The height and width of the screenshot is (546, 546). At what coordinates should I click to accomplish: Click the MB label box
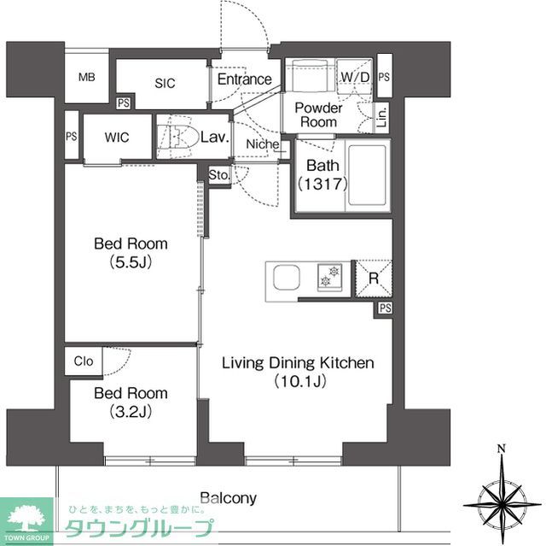[87, 77]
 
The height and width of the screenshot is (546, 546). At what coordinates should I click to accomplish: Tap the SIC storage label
[165, 83]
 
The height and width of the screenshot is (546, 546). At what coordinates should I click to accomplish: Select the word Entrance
[244, 79]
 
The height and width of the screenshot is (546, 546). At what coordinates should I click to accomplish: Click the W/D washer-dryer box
[353, 78]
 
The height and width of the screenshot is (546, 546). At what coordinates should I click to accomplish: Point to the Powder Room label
[318, 114]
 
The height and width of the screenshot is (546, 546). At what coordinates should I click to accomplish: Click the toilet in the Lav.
[180, 136]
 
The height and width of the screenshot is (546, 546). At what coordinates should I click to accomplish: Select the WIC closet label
[117, 138]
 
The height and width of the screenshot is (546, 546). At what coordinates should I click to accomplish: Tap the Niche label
[263, 144]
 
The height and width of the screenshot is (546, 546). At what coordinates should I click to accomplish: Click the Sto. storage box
[219, 174]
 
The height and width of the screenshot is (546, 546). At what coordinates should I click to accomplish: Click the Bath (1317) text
[317, 174]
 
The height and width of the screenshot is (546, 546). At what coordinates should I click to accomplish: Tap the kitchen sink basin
[284, 279]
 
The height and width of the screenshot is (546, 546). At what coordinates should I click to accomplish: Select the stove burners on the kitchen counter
[328, 276]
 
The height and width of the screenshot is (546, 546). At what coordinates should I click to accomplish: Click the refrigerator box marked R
[373, 277]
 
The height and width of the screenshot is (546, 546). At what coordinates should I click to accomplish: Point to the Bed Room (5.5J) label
[131, 253]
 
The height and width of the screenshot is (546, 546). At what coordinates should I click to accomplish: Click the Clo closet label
[83, 361]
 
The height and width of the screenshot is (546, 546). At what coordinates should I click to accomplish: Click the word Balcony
[228, 497]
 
